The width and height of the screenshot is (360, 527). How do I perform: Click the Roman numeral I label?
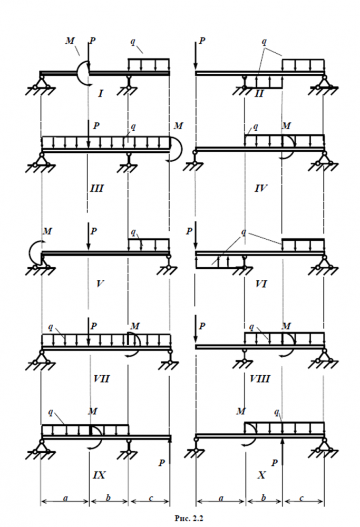101,94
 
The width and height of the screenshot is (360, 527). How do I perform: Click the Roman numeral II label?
259,94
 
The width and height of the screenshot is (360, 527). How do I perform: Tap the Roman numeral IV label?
259,188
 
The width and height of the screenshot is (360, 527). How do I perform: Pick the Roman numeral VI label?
260,284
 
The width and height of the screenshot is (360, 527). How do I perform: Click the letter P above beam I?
93,41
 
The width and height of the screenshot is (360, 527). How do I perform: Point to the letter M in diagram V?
47,231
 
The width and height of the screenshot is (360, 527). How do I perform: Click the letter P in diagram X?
274,462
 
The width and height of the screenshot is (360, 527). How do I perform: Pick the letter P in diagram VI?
189,231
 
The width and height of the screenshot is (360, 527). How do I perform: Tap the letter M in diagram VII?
135,326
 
